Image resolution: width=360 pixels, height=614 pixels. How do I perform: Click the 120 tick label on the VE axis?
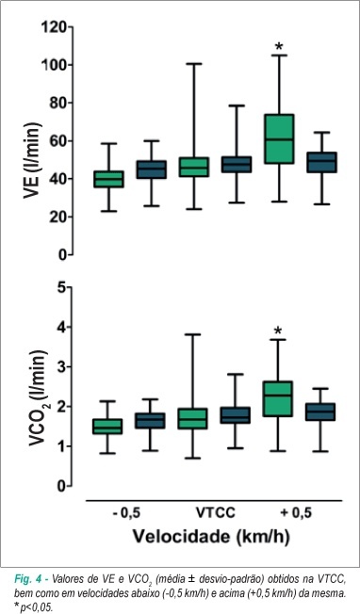click(55, 27)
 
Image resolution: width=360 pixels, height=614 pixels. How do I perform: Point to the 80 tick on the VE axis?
click(70, 103)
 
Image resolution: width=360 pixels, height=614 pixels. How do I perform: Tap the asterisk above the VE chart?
click(279, 47)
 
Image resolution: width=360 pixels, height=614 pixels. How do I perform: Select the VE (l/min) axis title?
click(32, 160)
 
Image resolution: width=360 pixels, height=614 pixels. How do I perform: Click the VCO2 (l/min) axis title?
click(37, 398)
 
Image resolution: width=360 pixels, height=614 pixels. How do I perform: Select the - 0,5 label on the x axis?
click(126, 512)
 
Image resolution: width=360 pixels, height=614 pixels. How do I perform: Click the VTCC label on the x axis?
click(215, 512)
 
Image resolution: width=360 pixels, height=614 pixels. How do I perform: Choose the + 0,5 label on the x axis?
click(296, 512)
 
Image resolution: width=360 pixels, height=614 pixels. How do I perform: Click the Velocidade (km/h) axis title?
click(211, 536)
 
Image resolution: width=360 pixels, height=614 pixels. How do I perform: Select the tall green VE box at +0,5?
click(279, 138)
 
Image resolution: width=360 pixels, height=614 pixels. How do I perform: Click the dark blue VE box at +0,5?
click(321, 162)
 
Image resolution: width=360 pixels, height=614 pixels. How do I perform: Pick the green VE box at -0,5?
click(108, 179)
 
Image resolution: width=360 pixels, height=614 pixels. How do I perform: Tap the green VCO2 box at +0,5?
click(278, 398)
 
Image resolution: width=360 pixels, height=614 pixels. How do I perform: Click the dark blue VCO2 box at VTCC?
click(236, 415)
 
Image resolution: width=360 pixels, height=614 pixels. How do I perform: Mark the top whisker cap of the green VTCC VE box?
click(193, 63)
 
